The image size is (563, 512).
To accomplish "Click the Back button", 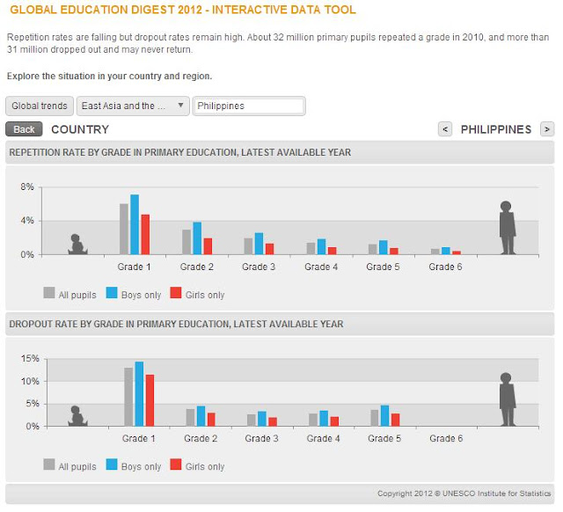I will click(24, 129).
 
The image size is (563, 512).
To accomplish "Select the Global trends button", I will click(40, 106).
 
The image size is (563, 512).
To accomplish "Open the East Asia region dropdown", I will click(133, 106).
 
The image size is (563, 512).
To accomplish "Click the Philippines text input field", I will click(248, 106).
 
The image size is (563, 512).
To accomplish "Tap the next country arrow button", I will click(546, 129).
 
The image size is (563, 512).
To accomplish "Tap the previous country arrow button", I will click(445, 129).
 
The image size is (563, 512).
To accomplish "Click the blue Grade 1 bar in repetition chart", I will click(135, 224).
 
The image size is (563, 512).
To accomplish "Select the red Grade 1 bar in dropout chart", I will click(150, 400).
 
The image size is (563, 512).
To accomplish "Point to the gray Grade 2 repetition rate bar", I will click(186, 242).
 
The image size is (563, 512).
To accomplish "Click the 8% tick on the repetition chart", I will click(26, 187).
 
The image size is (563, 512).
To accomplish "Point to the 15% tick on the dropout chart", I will click(29, 359).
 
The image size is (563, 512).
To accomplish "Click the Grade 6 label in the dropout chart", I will click(447, 438).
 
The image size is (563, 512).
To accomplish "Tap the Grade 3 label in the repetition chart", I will click(260, 267).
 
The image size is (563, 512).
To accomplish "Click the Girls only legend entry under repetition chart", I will click(198, 295).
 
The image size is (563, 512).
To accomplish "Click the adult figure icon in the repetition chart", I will click(507, 228).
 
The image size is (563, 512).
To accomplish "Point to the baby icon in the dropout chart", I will click(77, 415).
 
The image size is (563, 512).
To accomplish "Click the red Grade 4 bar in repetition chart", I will click(332, 251).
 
